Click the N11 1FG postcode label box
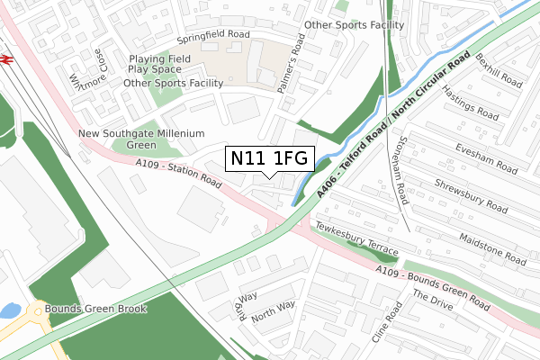coord(269,158)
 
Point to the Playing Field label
coord(159,58)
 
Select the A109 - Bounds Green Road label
coord(433,289)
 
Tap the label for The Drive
coord(434,322)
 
